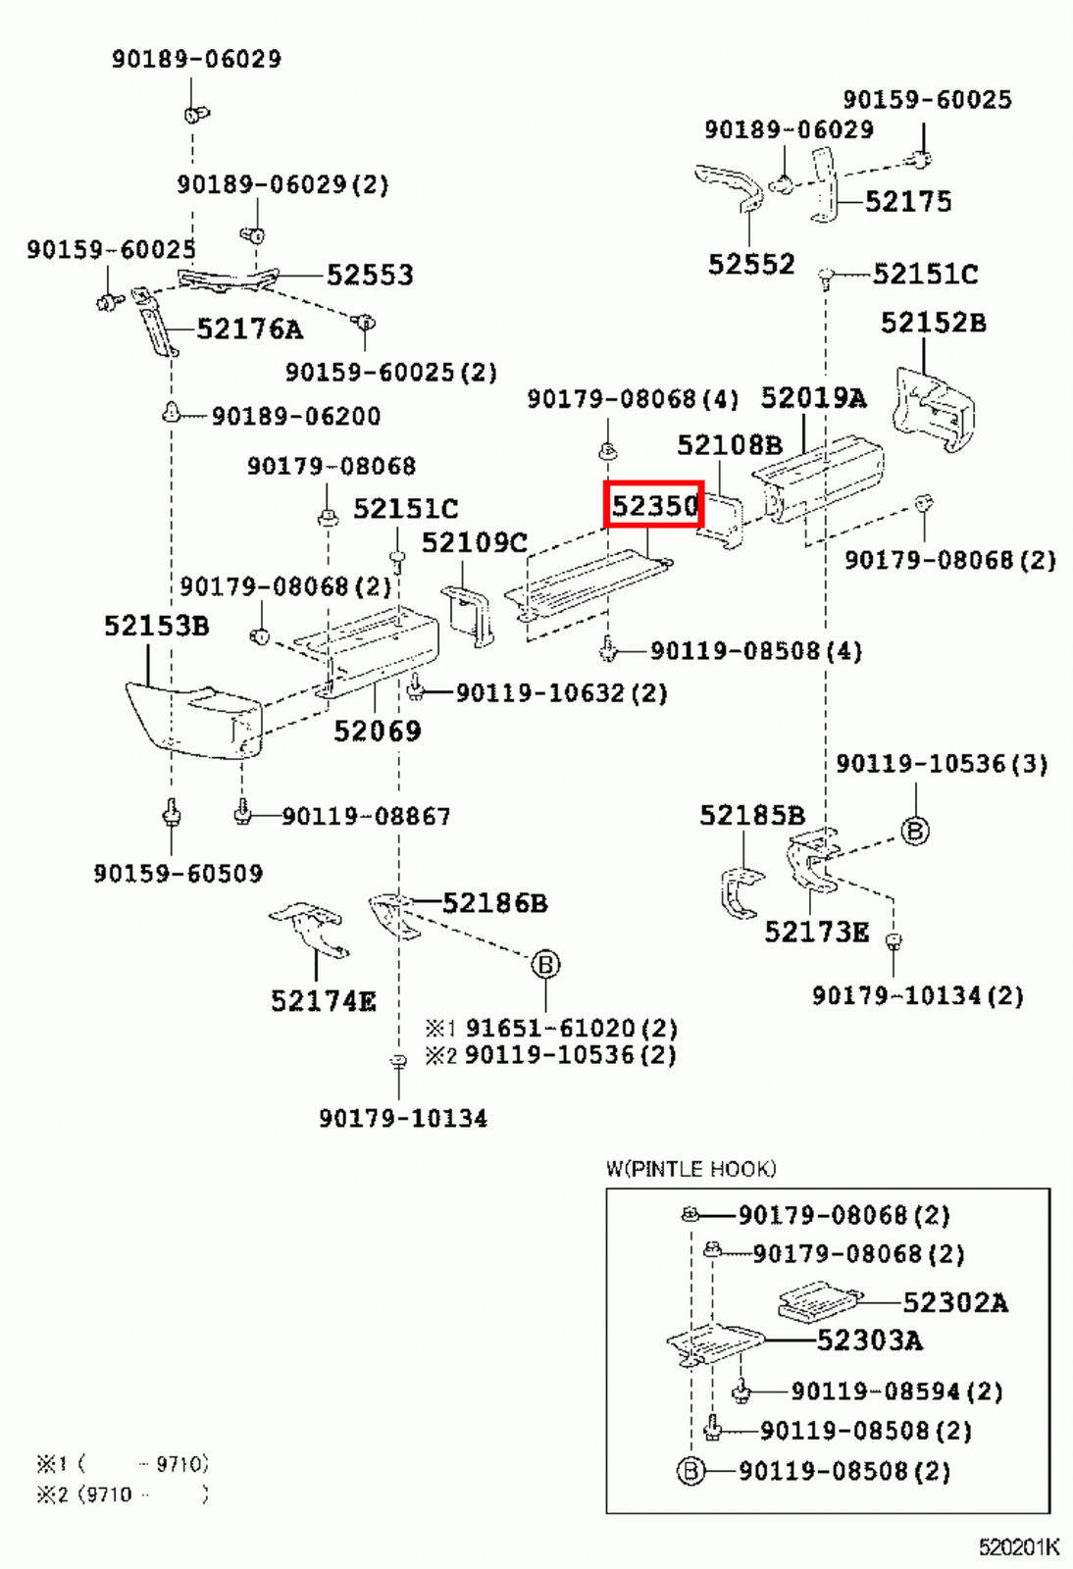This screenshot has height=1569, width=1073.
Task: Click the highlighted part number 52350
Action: [654, 505]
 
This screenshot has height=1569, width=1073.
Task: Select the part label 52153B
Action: [157, 626]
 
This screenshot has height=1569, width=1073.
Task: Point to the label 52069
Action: [377, 731]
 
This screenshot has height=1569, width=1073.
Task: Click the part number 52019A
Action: [813, 398]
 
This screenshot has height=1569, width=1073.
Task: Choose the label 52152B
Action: [933, 323]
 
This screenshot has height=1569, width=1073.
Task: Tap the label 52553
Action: [370, 276]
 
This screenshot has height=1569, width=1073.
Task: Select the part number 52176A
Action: [249, 329]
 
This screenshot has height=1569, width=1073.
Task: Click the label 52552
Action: [751, 264]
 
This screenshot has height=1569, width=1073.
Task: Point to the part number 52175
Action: [908, 202]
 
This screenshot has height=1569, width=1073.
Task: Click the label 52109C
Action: [475, 542]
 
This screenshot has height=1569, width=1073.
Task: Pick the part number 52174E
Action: [323, 1001]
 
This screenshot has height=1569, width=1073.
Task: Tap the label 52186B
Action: [494, 903]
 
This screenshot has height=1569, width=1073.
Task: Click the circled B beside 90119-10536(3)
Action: [914, 832]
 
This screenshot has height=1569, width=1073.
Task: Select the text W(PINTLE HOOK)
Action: [690, 1169]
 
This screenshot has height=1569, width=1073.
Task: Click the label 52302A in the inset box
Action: [954, 1302]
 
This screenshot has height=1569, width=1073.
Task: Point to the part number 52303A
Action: [869, 1341]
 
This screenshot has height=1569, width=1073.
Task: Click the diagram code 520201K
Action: [1018, 1547]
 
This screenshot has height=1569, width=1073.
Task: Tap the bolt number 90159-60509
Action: [179, 874]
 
